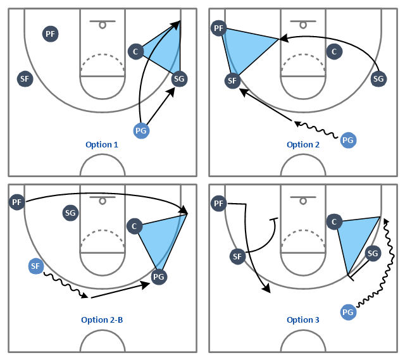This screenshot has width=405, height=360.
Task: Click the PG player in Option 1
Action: click(141, 131)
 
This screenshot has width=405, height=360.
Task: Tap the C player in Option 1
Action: click(135, 52)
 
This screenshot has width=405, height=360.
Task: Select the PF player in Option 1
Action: click(51, 34)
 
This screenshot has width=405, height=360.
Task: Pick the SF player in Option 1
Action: click(25, 78)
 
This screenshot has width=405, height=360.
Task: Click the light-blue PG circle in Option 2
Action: click(348, 140)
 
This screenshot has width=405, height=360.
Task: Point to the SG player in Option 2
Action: click(378, 78)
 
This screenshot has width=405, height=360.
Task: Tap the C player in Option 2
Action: click(335, 52)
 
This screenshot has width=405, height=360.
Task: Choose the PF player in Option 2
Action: click(219, 28)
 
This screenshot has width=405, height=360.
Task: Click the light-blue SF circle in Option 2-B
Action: click(36, 266)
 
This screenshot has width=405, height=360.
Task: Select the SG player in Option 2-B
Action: click(70, 213)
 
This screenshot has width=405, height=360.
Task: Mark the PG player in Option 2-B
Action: click(159, 277)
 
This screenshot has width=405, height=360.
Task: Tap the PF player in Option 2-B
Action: click(17, 202)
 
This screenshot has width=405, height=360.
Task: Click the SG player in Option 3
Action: click(373, 253)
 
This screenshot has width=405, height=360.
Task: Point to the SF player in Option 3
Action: click(237, 256)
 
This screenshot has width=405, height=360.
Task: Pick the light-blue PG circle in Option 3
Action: click(348, 312)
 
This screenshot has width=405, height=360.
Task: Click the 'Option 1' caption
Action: click(102, 145)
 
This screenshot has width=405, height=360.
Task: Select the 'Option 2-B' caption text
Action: click(102, 320)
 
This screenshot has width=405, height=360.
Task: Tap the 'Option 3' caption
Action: click(303, 320)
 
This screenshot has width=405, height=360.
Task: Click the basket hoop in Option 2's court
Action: click(303, 25)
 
